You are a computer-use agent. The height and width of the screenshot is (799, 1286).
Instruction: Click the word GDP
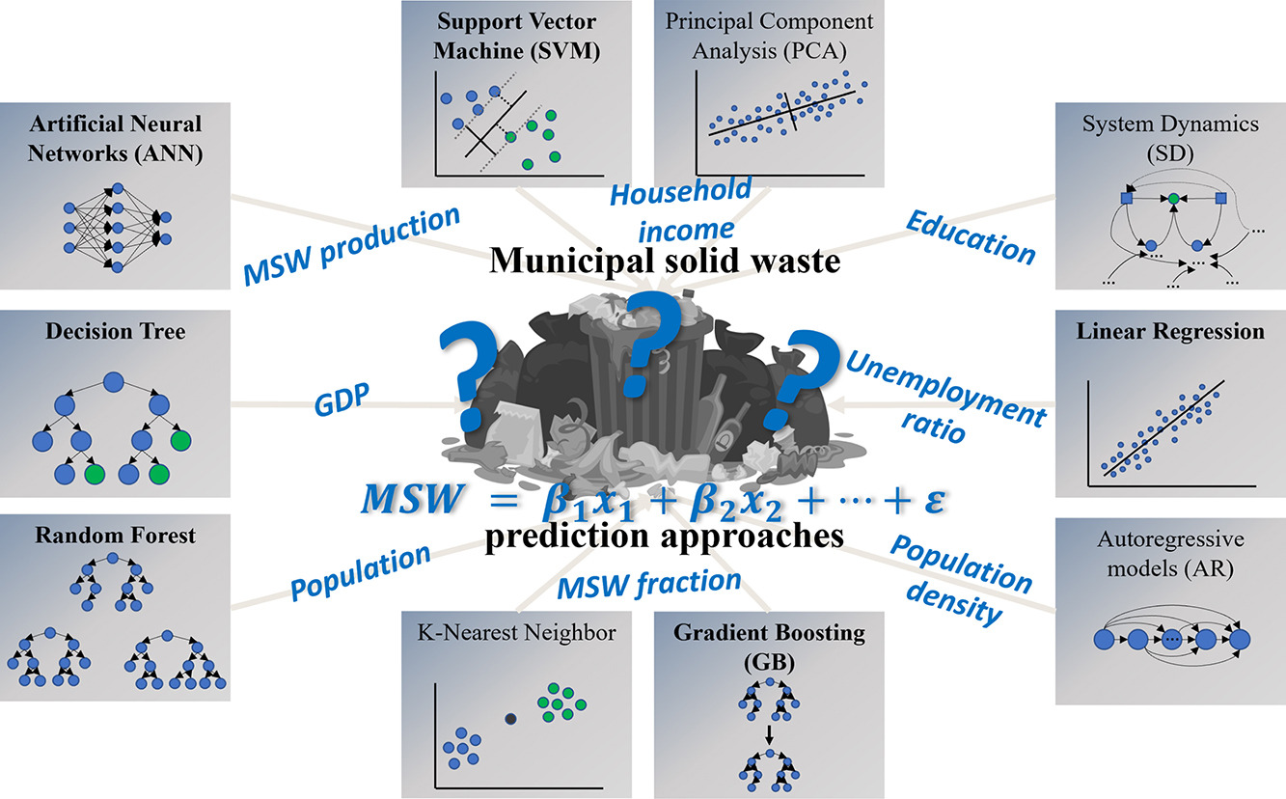(342, 399)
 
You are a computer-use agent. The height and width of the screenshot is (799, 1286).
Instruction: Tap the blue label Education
(971, 237)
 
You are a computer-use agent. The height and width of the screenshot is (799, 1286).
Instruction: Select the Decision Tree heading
(116, 331)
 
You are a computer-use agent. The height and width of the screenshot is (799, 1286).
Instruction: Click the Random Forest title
(116, 536)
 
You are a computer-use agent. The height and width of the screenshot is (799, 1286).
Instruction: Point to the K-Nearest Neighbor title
(517, 632)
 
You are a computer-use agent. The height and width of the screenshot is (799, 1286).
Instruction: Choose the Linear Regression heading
(1170, 331)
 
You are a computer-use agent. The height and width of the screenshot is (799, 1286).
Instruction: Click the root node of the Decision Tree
(114, 382)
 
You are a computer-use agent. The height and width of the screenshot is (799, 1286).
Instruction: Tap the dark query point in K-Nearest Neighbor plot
(510, 719)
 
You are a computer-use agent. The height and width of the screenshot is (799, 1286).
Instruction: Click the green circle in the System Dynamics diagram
(1173, 199)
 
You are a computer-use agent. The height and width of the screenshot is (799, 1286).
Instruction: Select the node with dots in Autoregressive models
(1172, 640)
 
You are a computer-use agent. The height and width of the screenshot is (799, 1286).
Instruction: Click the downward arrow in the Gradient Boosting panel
(769, 734)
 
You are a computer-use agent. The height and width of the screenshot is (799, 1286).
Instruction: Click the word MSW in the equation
(412, 498)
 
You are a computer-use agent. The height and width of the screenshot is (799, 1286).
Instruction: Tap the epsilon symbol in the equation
(934, 500)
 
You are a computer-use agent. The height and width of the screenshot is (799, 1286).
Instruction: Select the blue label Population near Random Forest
(361, 571)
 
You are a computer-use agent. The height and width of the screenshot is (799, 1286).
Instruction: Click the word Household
(680, 191)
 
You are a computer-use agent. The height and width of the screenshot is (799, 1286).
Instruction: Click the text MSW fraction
(648, 584)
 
